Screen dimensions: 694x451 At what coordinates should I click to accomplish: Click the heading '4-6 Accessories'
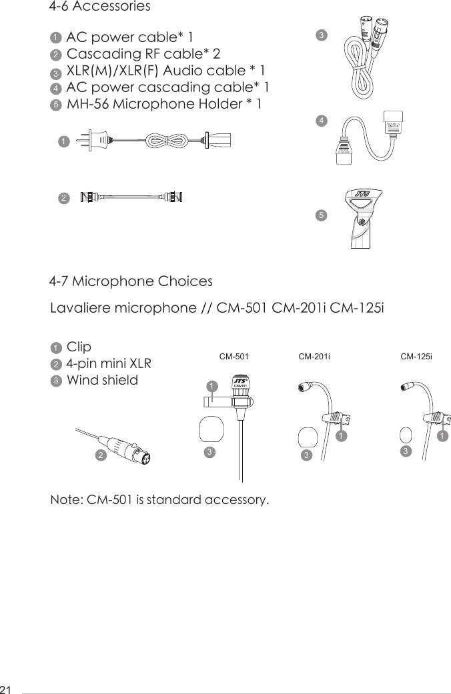[x=100, y=7]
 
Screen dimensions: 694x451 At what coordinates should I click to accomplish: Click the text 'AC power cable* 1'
[x=129, y=36]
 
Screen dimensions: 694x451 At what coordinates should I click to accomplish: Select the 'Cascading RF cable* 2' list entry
[x=143, y=53]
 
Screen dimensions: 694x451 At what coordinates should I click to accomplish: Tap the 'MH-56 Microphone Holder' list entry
[x=164, y=105]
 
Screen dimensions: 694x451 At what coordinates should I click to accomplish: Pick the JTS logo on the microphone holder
[x=362, y=194]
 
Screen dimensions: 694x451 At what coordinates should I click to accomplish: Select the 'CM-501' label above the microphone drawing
[x=234, y=357]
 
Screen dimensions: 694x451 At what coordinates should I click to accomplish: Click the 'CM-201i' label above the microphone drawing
[x=314, y=357]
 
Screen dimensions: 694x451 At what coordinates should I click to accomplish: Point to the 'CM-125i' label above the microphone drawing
[x=416, y=357]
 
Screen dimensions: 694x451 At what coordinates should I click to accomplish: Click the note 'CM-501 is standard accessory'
[x=160, y=500]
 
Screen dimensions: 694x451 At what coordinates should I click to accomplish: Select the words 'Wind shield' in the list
[x=103, y=381]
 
